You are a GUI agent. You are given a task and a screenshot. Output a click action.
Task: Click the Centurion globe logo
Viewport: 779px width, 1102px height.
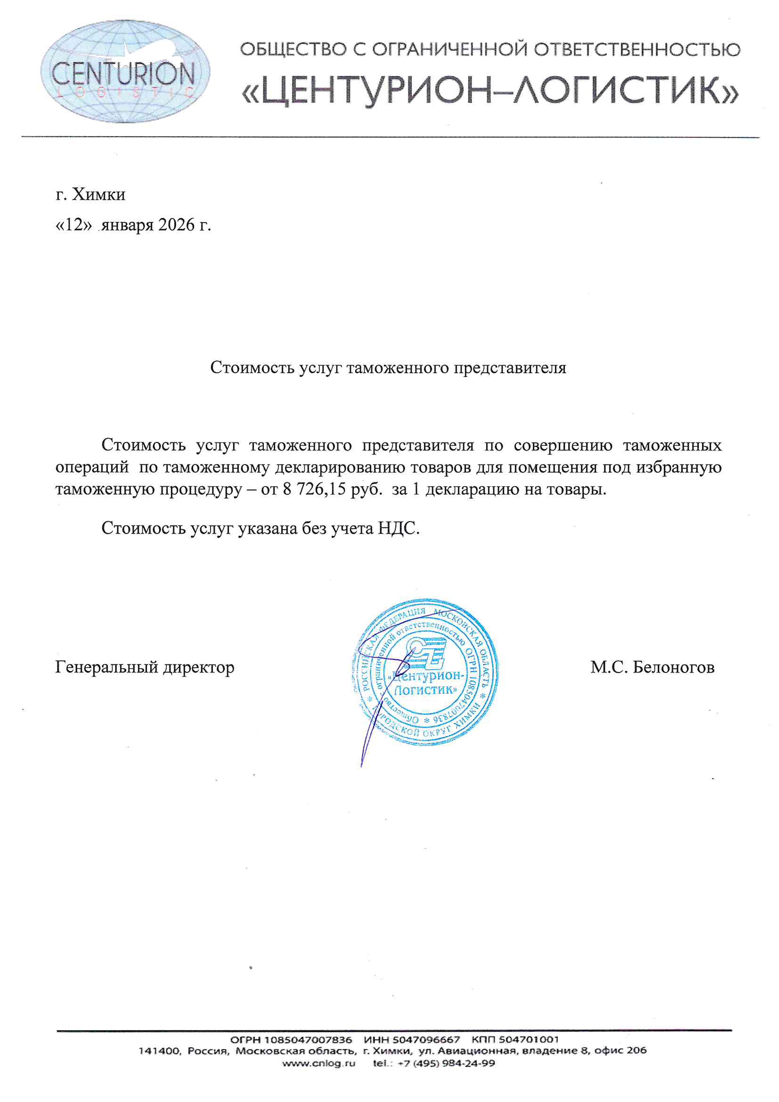(x=125, y=71)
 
